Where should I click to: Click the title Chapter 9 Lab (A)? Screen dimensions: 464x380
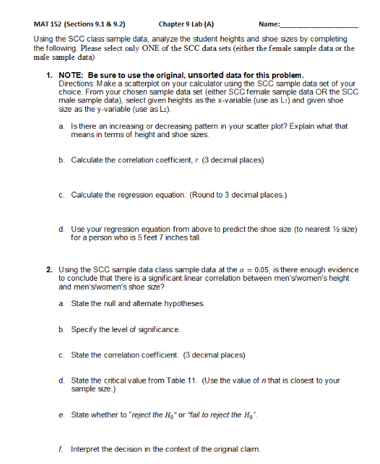click(x=186, y=25)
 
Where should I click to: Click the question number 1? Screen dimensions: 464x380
click(x=49, y=75)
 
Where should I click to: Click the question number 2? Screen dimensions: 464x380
click(x=49, y=269)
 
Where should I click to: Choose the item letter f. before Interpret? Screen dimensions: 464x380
click(x=61, y=449)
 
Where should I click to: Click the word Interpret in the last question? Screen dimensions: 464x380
click(x=87, y=449)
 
